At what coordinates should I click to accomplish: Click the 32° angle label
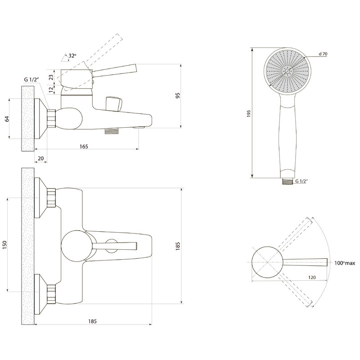click(72, 56)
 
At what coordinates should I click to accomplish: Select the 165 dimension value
click(84, 147)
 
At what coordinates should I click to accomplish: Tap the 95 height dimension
click(178, 95)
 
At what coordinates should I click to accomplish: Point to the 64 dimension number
click(7, 119)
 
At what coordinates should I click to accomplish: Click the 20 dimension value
click(40, 159)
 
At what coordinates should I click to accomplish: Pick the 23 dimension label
click(51, 77)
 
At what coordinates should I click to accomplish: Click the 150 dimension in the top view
click(4, 245)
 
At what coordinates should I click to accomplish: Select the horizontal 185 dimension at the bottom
click(93, 321)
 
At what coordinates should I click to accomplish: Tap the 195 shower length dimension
click(249, 114)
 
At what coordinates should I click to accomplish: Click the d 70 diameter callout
click(323, 54)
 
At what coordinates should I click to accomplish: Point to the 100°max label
click(345, 263)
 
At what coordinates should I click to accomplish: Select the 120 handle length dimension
click(312, 277)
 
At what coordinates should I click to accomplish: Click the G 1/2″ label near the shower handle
click(301, 181)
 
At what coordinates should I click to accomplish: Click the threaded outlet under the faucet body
click(112, 131)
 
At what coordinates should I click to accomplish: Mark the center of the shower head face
click(288, 71)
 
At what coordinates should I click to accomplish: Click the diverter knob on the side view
click(114, 104)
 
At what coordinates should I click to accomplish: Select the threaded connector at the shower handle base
click(288, 181)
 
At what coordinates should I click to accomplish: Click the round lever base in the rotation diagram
click(267, 262)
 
